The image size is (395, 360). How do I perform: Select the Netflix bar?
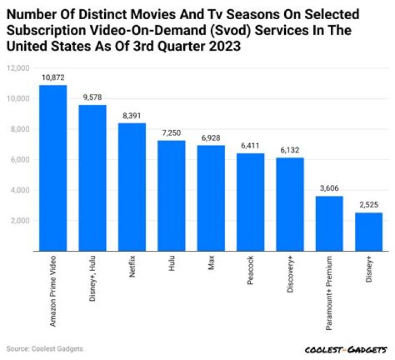tap(132, 187)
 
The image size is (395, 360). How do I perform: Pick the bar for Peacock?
tap(250, 203)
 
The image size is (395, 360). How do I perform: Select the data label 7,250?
tap(171, 133)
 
